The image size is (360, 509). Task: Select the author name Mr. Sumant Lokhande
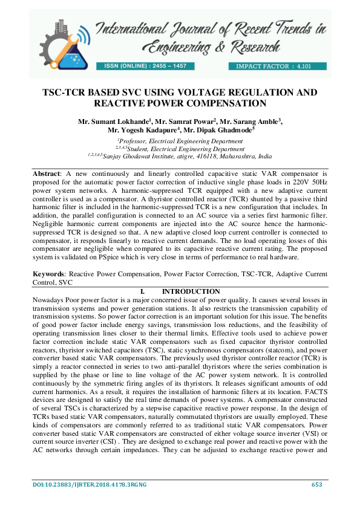coord(111,122)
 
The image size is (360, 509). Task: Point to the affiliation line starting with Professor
coord(180,140)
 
